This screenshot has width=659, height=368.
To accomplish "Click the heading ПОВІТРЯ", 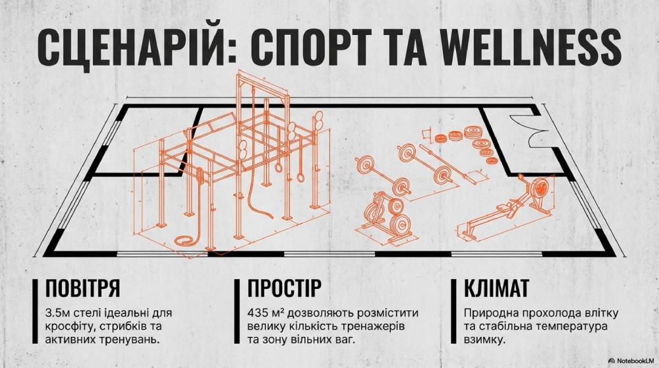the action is click(82, 288).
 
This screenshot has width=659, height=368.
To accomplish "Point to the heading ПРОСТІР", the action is click(285, 288).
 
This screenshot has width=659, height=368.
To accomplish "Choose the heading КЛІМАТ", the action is click(496, 288).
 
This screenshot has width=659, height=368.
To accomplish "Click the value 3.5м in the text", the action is click(59, 313).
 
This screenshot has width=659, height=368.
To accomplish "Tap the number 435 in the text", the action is click(257, 313).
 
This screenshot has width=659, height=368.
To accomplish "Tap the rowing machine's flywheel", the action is click(540, 187).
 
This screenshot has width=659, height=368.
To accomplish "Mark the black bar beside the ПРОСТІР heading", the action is click(237, 311).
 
